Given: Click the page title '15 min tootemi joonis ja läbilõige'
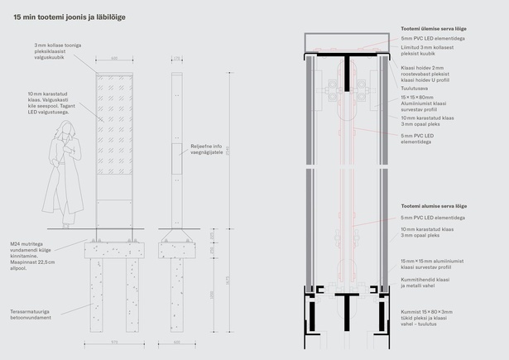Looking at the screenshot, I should pyautogui.click(x=70, y=16).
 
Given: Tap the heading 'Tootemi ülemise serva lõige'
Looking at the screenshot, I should pyautogui.click(x=433, y=28).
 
